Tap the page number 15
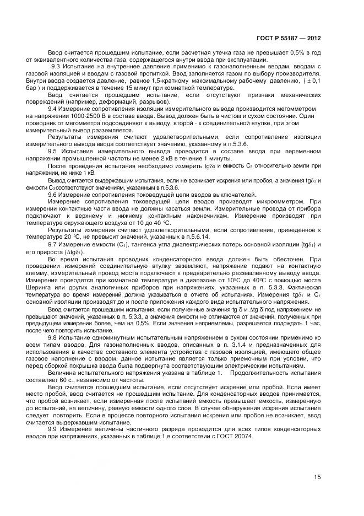pyautogui.click(x=317, y=477)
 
